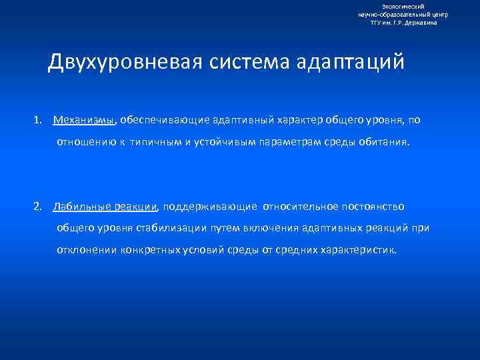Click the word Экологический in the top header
403,6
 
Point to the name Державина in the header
421,22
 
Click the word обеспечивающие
158,120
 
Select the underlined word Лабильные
79,206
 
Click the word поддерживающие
209,206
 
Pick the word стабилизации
173,228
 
